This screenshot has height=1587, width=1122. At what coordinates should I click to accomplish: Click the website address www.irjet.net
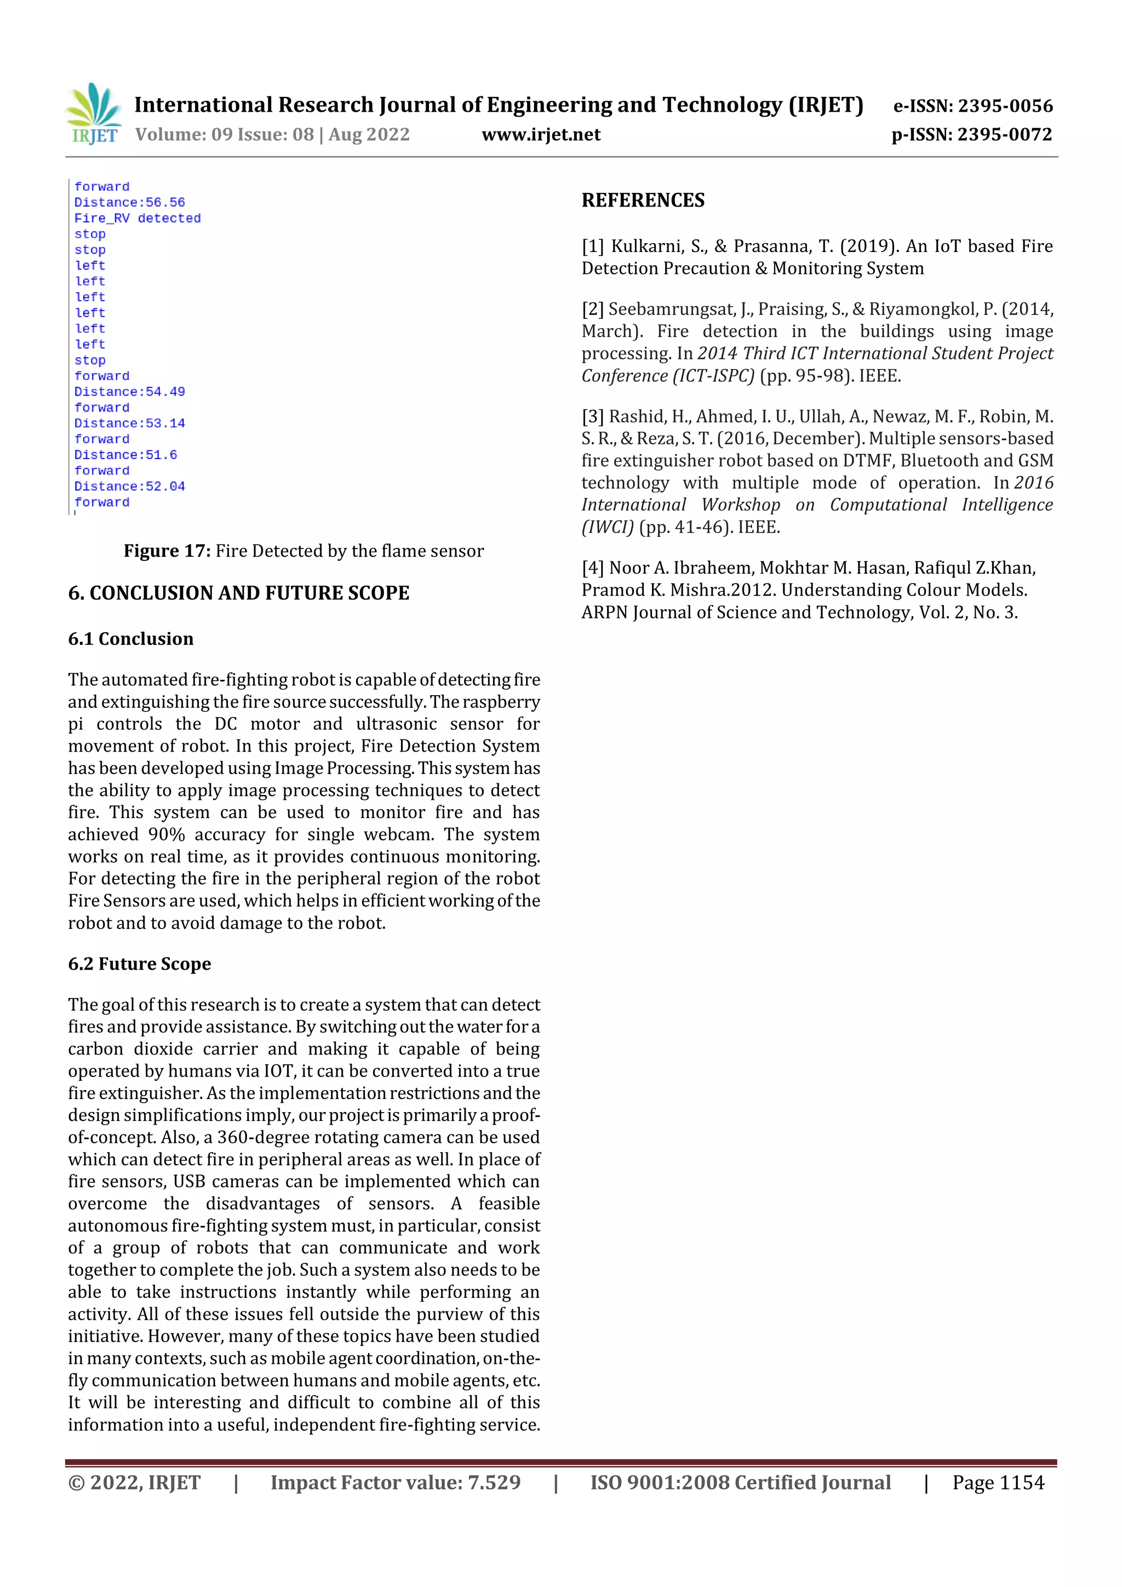(541, 135)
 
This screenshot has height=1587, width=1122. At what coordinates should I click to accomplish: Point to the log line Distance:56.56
(129, 203)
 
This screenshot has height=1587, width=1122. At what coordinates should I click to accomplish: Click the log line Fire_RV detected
(137, 219)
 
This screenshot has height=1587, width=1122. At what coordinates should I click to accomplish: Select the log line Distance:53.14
(129, 423)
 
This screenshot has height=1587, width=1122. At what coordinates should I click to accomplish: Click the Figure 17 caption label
(167, 551)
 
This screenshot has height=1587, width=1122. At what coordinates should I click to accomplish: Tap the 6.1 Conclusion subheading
(130, 639)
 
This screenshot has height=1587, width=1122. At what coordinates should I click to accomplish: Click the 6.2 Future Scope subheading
(139, 964)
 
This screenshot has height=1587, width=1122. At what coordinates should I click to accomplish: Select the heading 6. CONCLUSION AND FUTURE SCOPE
(238, 593)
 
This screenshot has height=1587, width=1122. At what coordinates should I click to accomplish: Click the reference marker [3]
(592, 417)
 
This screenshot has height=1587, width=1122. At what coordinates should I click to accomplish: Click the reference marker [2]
(592, 310)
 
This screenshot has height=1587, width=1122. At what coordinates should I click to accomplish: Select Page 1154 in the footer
(998, 1482)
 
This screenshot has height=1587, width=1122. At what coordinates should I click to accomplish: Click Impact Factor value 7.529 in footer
(395, 1482)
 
